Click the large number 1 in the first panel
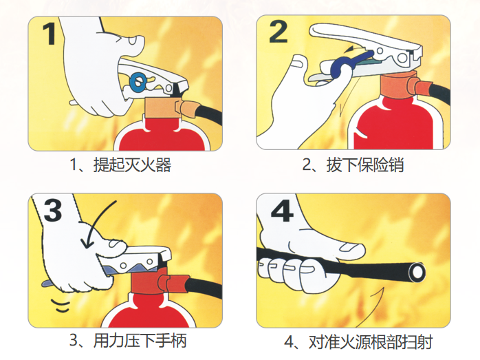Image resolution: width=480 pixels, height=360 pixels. [49, 34]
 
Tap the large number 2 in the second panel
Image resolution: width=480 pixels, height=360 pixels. [278, 32]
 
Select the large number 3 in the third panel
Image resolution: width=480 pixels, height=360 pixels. [53, 210]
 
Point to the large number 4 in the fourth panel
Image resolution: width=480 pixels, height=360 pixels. [282, 212]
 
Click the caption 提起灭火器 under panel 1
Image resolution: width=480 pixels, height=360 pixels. [132, 165]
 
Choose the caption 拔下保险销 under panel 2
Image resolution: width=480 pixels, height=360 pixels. [365, 165]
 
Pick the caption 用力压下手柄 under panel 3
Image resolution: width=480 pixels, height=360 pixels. [140, 341]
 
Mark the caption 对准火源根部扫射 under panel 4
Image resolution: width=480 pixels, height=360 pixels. [371, 341]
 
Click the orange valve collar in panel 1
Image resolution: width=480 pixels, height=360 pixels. [164, 107]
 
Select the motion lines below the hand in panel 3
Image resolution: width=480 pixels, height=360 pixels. [61, 306]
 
